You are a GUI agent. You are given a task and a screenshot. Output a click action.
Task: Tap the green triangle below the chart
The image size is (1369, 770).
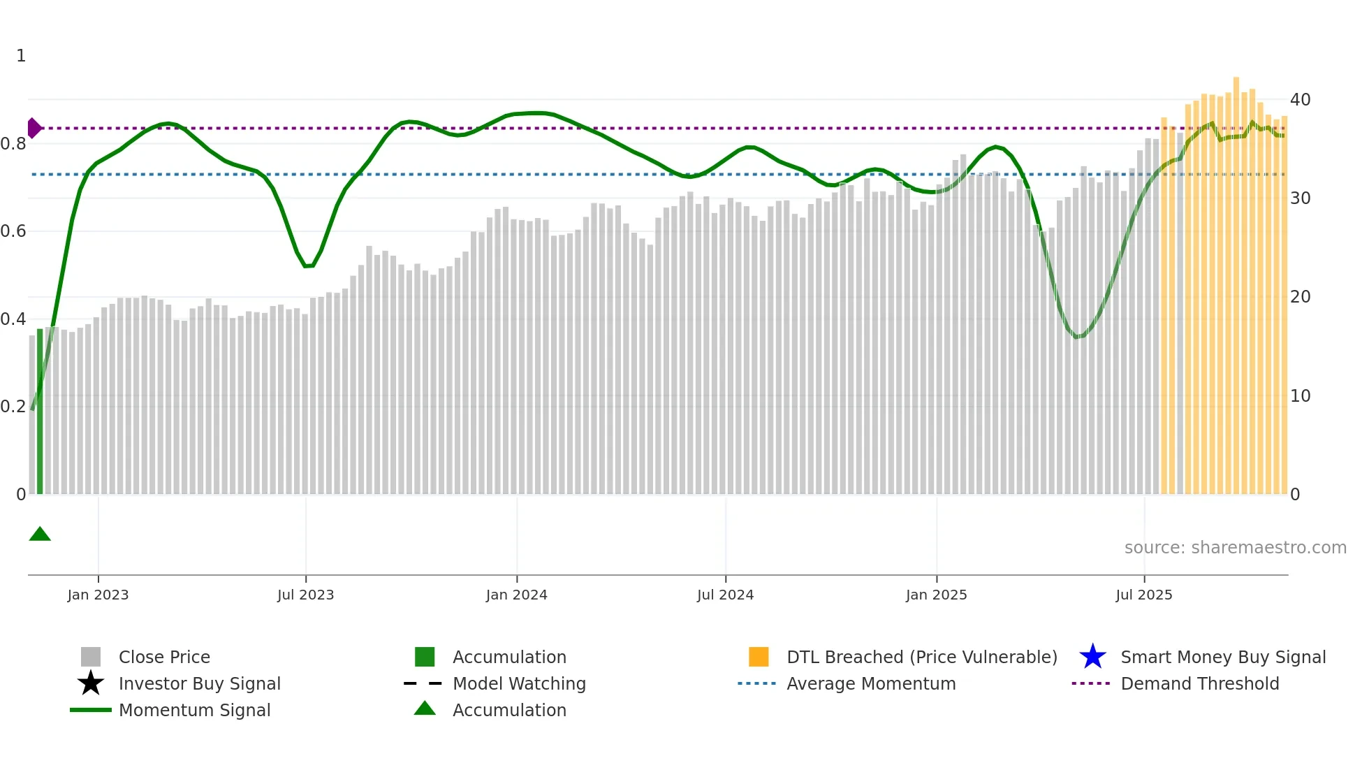40,535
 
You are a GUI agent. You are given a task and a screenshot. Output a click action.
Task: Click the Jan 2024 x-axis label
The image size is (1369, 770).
516,595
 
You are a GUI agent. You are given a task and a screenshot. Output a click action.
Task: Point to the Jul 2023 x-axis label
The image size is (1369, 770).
305,595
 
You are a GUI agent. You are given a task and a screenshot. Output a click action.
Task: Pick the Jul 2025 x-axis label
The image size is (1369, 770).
1143,595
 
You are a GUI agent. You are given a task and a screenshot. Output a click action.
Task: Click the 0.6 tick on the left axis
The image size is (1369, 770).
13,231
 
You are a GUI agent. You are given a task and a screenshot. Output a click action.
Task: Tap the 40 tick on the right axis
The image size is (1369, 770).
1300,100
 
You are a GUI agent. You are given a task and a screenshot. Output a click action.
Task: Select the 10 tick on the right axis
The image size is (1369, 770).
1300,396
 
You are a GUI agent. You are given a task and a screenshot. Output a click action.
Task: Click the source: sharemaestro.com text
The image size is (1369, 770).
1235,547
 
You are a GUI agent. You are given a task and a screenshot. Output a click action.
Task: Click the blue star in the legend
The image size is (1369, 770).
1092,657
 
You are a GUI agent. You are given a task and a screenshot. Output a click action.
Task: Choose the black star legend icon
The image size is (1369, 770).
91,683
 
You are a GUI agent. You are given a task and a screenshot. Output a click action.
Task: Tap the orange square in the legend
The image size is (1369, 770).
759,657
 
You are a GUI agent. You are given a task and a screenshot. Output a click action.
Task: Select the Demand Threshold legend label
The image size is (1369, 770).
1199,683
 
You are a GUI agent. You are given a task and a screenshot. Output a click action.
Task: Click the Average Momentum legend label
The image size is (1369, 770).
870,683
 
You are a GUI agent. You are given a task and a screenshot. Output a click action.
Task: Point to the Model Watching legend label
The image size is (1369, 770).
519,683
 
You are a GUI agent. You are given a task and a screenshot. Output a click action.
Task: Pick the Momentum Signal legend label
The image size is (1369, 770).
194,710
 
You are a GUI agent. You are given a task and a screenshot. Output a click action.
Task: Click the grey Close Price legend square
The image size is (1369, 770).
91,657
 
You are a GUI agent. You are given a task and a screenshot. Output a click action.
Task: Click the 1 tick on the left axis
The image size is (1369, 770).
21,56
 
